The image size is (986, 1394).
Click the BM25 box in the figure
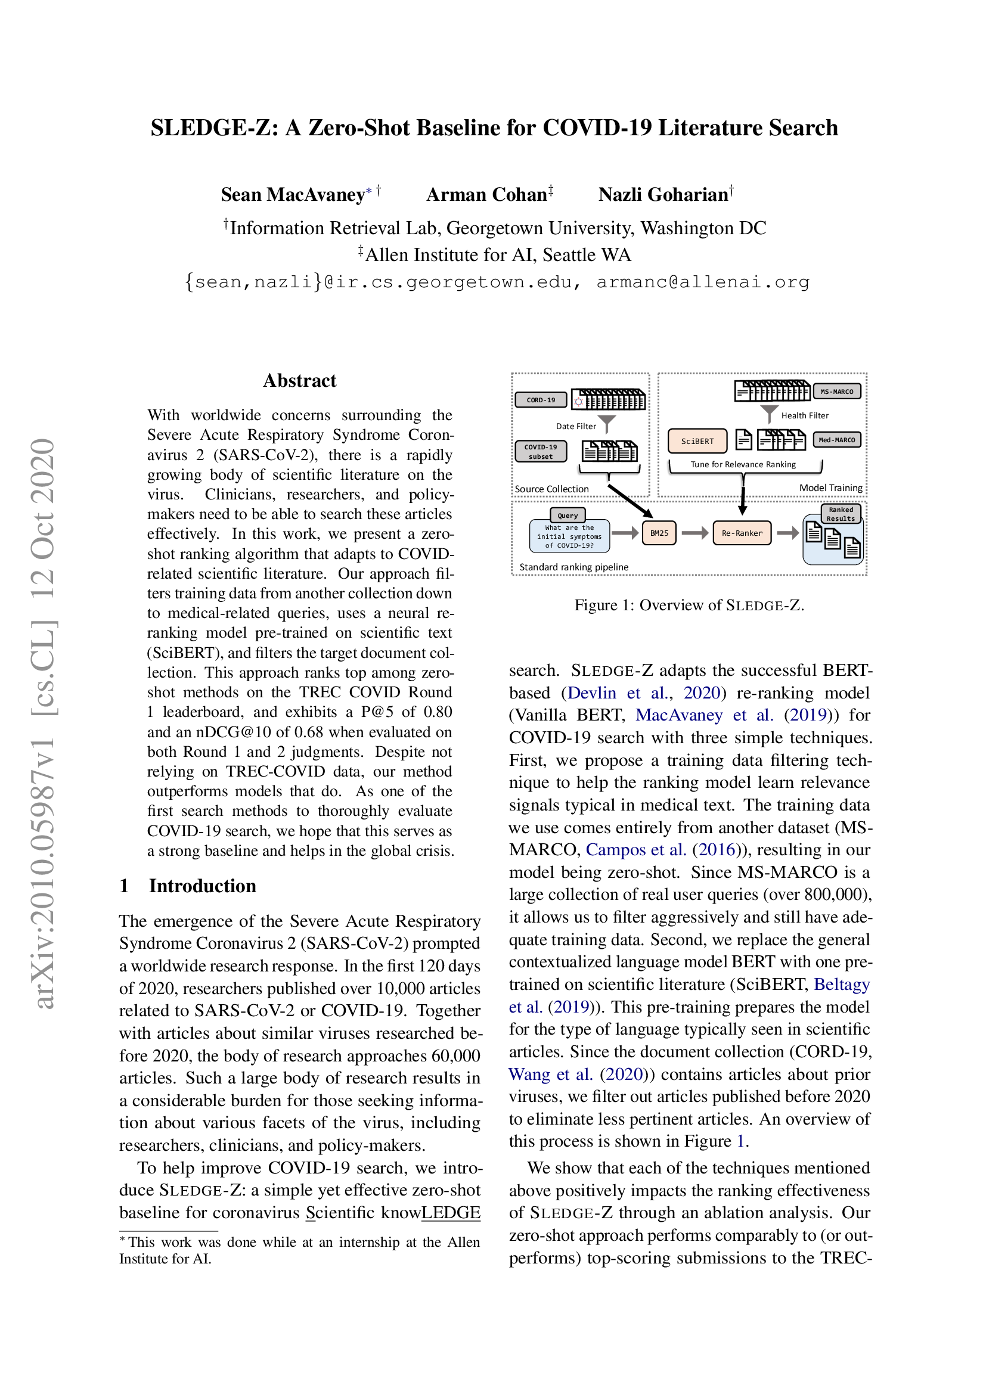pyautogui.click(x=659, y=533)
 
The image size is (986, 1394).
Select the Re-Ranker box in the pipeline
pyautogui.click(x=742, y=533)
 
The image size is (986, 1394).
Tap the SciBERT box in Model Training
pyautogui.click(x=697, y=441)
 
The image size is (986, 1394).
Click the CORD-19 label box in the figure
pyautogui.click(x=540, y=399)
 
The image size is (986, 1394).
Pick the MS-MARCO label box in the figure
pyautogui.click(x=836, y=392)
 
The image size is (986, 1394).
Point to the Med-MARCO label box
pyautogui.click(x=836, y=440)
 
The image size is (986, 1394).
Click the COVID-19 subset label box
pyautogui.click(x=540, y=451)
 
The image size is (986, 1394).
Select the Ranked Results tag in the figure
pyautogui.click(x=841, y=514)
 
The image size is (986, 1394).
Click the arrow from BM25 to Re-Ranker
pyautogui.click(x=694, y=533)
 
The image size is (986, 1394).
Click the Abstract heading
pyautogui.click(x=299, y=381)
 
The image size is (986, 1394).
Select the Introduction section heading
pyautogui.click(x=202, y=886)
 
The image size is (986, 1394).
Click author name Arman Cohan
pyautogui.click(x=486, y=194)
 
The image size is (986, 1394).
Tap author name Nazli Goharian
pyautogui.click(x=663, y=194)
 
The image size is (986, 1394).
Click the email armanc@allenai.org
pyautogui.click(x=702, y=282)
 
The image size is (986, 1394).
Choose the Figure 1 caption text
pyautogui.click(x=689, y=606)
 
